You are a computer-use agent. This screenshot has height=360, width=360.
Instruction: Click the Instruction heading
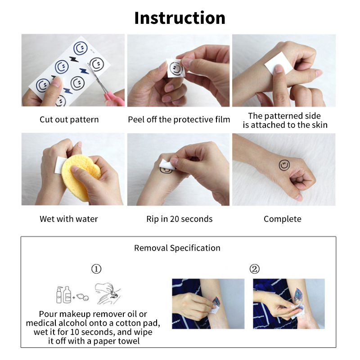pos(180,18)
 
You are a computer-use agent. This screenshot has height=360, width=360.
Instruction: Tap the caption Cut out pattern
pos(69,120)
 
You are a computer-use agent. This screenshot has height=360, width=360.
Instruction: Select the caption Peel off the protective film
pos(179,120)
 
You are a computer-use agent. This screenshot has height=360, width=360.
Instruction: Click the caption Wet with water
pos(69,219)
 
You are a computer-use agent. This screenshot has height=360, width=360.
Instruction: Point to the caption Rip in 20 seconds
pos(180,219)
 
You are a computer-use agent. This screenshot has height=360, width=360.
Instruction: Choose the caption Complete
pos(283,219)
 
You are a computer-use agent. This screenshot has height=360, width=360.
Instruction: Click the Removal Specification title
pos(177,248)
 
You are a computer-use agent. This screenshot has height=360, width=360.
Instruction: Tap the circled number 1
pos(96,269)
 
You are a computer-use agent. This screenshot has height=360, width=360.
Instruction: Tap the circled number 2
pos(255,269)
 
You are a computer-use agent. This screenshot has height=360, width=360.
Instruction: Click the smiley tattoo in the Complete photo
pos(284,165)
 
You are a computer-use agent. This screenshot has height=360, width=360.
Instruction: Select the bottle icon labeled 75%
pos(67,295)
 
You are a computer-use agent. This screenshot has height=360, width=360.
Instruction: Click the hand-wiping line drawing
pos(108,293)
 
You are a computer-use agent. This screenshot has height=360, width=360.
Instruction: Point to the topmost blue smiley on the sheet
pos(81,49)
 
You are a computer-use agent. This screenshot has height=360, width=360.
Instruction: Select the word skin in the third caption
pos(319,125)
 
